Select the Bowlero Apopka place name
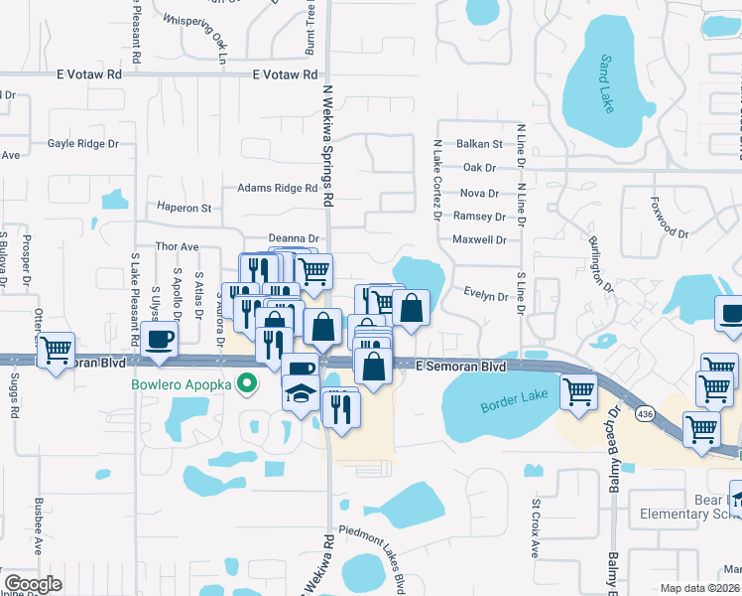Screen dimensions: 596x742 pyautogui.click(x=182, y=383)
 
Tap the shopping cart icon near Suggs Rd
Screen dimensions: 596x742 pyautogui.click(x=56, y=350)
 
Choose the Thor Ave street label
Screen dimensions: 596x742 pyautogui.click(x=178, y=246)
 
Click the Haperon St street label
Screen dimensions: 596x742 pyautogui.click(x=185, y=209)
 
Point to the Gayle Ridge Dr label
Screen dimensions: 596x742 pyautogui.click(x=83, y=144)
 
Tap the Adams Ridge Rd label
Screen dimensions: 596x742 pyautogui.click(x=277, y=188)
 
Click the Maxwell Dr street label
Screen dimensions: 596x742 pyautogui.click(x=479, y=239)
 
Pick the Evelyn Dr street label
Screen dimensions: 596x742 pyautogui.click(x=486, y=295)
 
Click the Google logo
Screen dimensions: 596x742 pyautogui.click(x=33, y=584)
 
